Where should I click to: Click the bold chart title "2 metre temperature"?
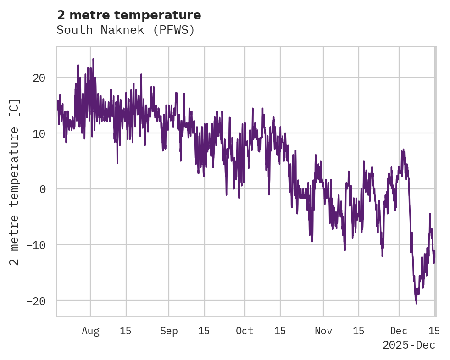[129, 15]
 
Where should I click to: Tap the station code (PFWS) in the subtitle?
[174, 30]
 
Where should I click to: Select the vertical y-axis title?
[15, 182]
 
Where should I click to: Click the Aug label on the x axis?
[90, 331]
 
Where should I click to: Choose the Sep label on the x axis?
[169, 331]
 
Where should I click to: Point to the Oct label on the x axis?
[244, 331]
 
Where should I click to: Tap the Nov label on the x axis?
[323, 331]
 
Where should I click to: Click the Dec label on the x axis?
[399, 331]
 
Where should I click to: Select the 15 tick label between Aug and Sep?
[126, 331]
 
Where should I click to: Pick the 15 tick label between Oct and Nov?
[280, 331]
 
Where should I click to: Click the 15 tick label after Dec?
[434, 331]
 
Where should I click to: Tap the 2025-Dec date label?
[409, 345]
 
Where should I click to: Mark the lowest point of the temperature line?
[416, 303]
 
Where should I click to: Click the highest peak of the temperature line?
[93, 59]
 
